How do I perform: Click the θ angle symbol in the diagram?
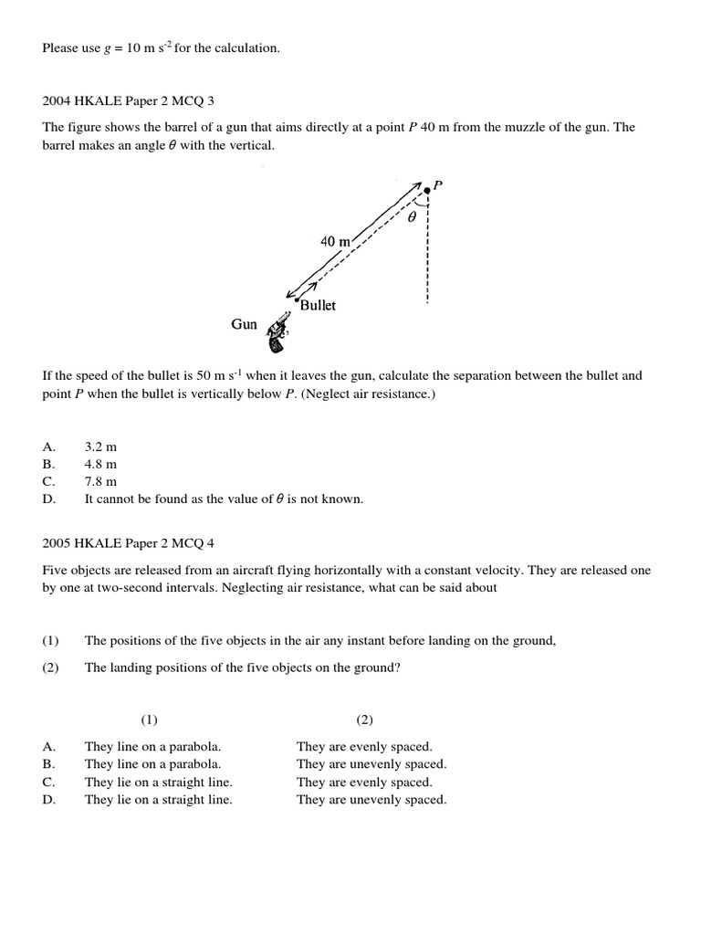pyautogui.click(x=413, y=218)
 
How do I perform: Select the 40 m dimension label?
pyautogui.click(x=335, y=242)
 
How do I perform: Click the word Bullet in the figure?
pyautogui.click(x=318, y=306)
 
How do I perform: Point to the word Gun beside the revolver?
pyautogui.click(x=244, y=324)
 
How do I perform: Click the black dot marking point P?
pyautogui.click(x=427, y=190)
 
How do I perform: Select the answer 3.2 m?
pyautogui.click(x=100, y=446)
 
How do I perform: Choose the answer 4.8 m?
pyautogui.click(x=100, y=464)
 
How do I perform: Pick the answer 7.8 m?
pyautogui.click(x=100, y=481)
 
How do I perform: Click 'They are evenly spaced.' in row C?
pyautogui.click(x=364, y=782)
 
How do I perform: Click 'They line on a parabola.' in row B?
pyautogui.click(x=152, y=763)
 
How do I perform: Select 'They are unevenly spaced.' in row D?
pyautogui.click(x=371, y=799)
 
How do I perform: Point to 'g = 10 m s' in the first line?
pyautogui.click(x=137, y=47)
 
